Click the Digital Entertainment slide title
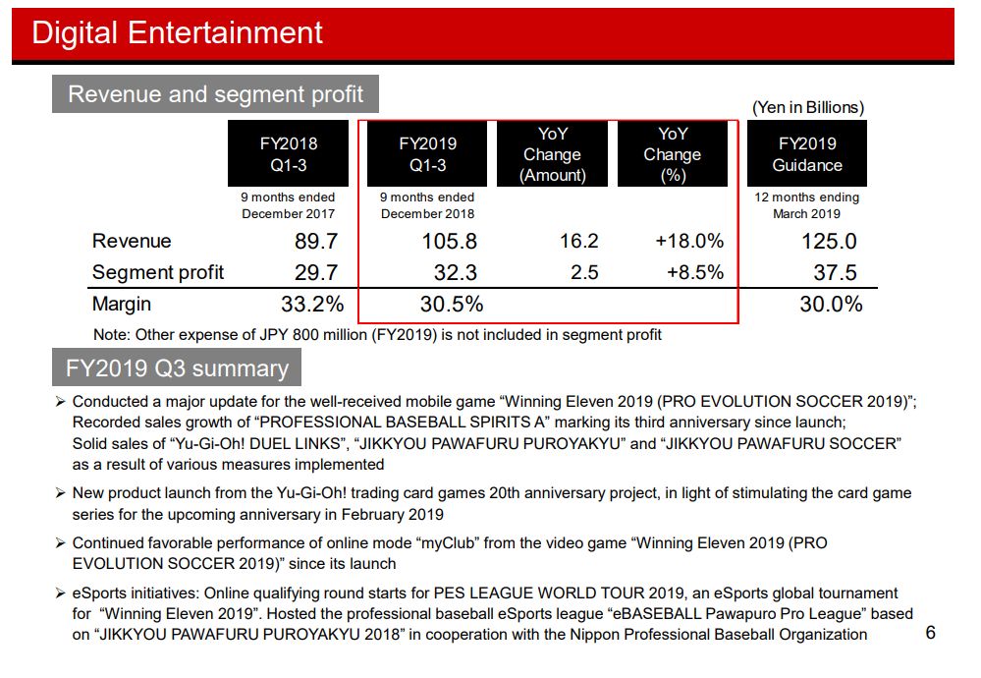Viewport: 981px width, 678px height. point(178,32)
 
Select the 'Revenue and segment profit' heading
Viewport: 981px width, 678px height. point(215,94)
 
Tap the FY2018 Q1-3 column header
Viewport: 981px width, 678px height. point(289,154)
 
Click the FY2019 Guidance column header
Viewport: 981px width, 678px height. point(806,154)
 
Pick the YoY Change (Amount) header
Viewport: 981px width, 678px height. point(553,154)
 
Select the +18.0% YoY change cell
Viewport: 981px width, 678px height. point(689,242)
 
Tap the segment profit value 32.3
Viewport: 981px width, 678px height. point(455,272)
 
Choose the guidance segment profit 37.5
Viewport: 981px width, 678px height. point(835,272)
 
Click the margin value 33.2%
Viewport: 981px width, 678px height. point(312,305)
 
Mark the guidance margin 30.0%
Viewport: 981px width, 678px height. point(831,305)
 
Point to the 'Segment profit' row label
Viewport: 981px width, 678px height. point(158,272)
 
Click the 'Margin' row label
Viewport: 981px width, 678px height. point(122,305)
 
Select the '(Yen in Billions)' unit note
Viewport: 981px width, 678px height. point(808,107)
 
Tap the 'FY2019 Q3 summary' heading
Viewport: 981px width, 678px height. point(177,368)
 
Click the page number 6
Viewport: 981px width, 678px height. point(930,633)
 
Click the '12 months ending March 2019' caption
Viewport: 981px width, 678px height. point(806,205)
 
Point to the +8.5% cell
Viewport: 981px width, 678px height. point(695,272)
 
